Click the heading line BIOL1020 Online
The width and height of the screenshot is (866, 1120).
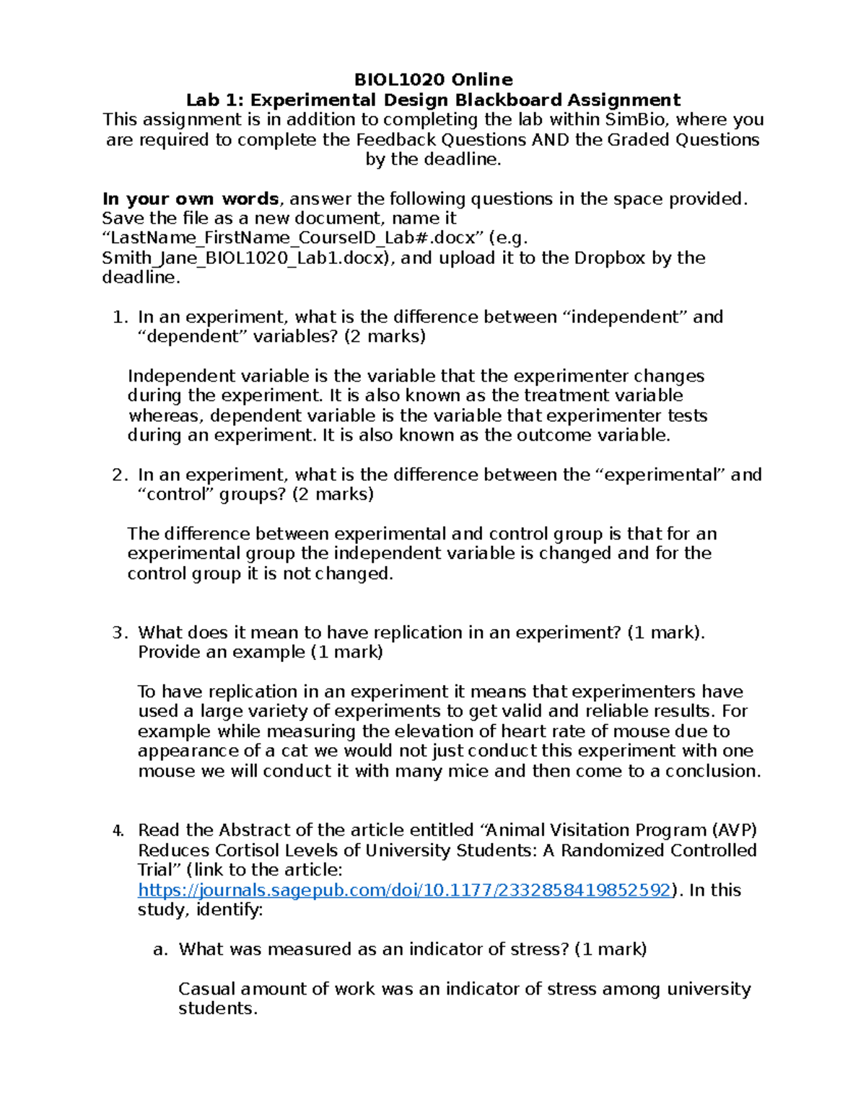tap(433, 79)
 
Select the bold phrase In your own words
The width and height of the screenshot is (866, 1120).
tap(191, 199)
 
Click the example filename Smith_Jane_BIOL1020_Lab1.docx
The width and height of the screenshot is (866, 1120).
tap(246, 258)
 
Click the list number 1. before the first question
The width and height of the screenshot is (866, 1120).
tap(121, 317)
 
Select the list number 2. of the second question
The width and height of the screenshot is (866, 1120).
tap(120, 475)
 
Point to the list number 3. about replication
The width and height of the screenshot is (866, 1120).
tap(120, 633)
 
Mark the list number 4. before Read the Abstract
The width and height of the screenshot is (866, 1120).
tap(119, 831)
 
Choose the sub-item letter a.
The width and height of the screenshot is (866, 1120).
tap(160, 949)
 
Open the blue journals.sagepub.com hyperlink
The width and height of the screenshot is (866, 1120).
tap(404, 890)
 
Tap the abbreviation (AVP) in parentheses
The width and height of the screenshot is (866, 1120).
tap(734, 831)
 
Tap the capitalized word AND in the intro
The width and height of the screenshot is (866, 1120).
tap(551, 139)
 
